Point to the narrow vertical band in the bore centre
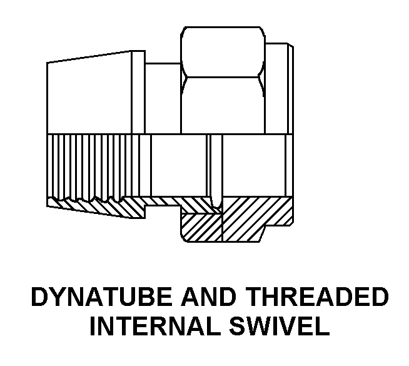click(215, 166)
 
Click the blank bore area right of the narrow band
click(253, 166)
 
